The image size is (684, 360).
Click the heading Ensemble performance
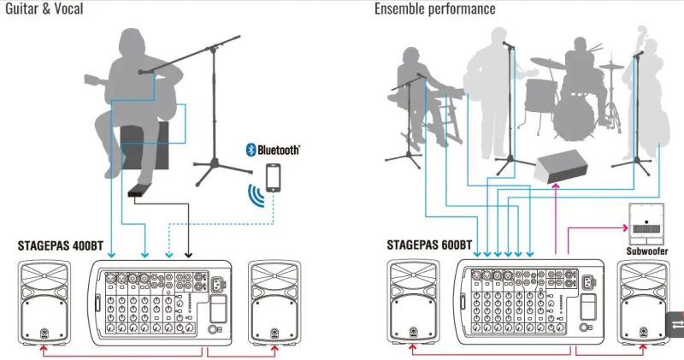click(x=434, y=9)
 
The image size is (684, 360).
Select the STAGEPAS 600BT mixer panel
click(x=530, y=302)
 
